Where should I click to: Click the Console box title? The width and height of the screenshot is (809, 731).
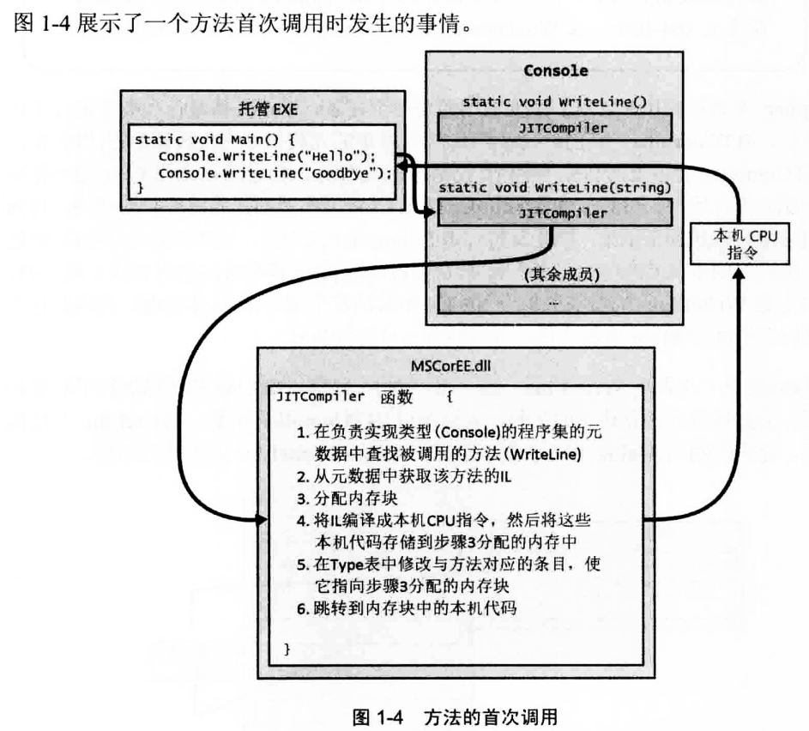coord(555,70)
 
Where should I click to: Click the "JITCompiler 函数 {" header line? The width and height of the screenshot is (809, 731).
coord(360,399)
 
